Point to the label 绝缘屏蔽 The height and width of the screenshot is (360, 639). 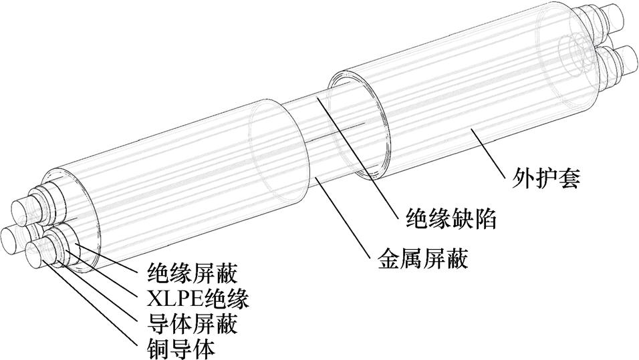pyautogui.click(x=192, y=272)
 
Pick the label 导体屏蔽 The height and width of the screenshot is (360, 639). pyautogui.click(x=192, y=323)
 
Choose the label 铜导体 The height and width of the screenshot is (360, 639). pyautogui.click(x=180, y=349)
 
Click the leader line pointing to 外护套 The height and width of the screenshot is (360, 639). pyautogui.click(x=495, y=150)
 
